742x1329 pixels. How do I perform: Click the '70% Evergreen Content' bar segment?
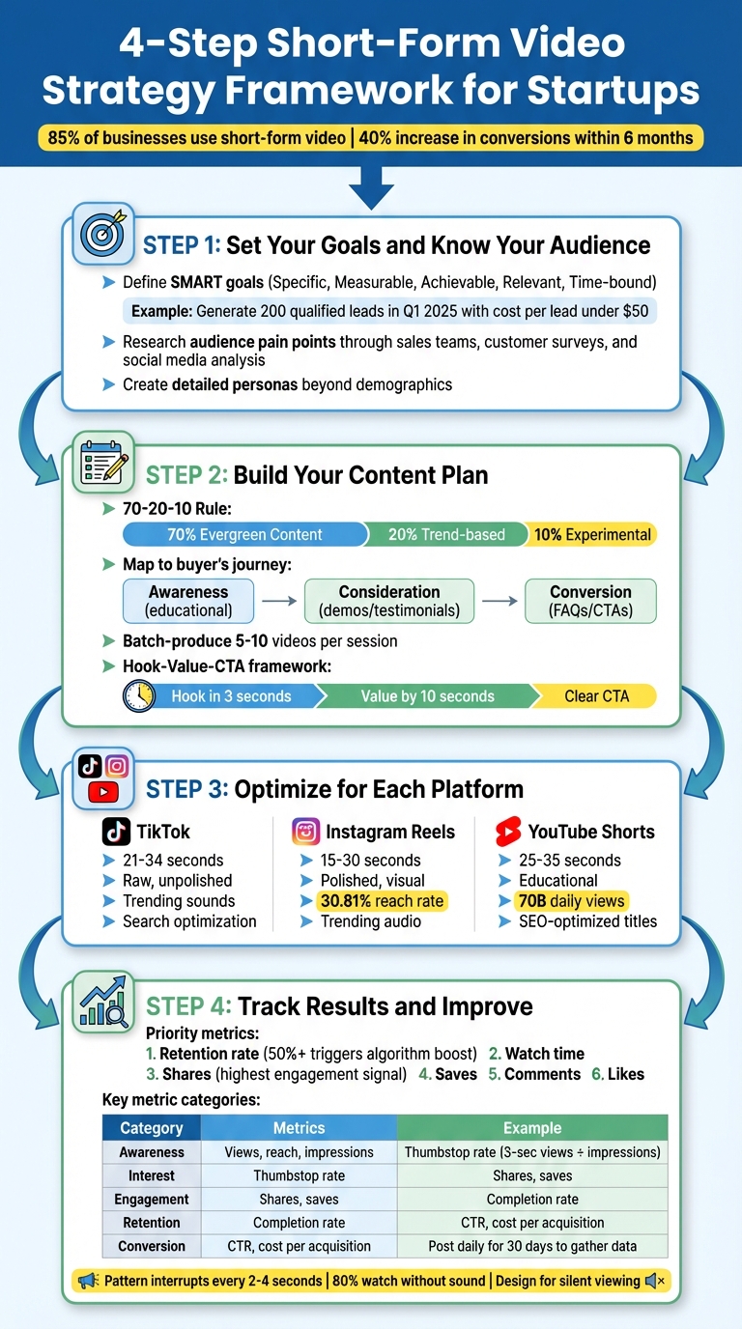coord(244,534)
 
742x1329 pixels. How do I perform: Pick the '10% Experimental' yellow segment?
coord(592,534)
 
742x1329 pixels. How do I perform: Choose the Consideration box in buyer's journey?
coord(389,601)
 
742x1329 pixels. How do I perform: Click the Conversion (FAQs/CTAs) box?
coord(590,601)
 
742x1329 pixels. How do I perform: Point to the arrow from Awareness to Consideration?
coord(279,601)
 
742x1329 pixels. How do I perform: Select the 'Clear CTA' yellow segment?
coord(596,696)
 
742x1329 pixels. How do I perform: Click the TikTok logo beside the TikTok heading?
coord(116,832)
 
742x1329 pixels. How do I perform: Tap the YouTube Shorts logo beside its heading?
coord(508,832)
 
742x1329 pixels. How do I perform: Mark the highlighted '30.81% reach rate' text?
coord(382,901)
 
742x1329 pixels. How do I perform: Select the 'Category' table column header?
coord(151,1128)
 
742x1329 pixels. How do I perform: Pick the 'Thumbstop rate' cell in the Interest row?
coord(299,1175)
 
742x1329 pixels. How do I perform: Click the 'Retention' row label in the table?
coord(151,1223)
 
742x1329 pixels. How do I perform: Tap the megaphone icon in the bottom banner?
coord(88,1281)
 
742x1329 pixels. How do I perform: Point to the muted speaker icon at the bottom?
coord(654,1281)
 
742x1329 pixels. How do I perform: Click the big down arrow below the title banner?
coord(371,186)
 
